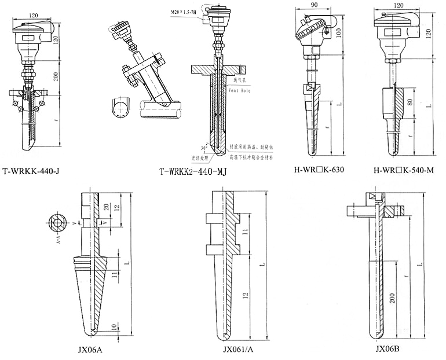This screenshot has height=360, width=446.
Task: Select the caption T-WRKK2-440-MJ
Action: click(192, 171)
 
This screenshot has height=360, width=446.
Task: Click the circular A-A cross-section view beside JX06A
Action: click(58, 222)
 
